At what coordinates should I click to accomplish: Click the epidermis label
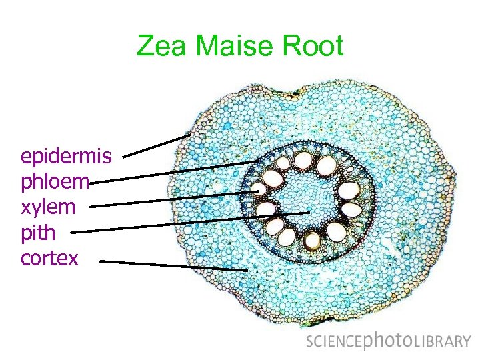click(x=66, y=157)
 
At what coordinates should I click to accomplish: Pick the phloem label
click(x=55, y=181)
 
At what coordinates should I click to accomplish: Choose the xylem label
click(x=48, y=207)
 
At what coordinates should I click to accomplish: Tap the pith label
click(x=38, y=233)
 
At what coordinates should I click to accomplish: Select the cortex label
click(x=49, y=258)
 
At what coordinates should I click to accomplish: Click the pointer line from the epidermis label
click(x=157, y=146)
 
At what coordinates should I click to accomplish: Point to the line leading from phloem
click(x=173, y=171)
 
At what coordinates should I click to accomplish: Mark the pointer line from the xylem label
click(x=173, y=199)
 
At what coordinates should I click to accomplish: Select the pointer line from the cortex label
click(x=173, y=265)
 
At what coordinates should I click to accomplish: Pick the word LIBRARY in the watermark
click(x=443, y=342)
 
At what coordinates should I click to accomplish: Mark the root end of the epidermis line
click(x=191, y=135)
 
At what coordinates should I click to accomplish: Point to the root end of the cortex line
click(x=247, y=270)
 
